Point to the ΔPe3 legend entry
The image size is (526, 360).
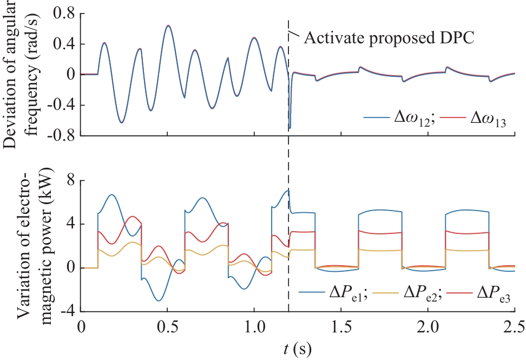click(x=490, y=296)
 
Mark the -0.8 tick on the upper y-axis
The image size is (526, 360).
click(x=62, y=135)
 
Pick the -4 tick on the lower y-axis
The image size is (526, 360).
click(x=67, y=312)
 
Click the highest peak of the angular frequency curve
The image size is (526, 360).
click(x=168, y=25)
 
